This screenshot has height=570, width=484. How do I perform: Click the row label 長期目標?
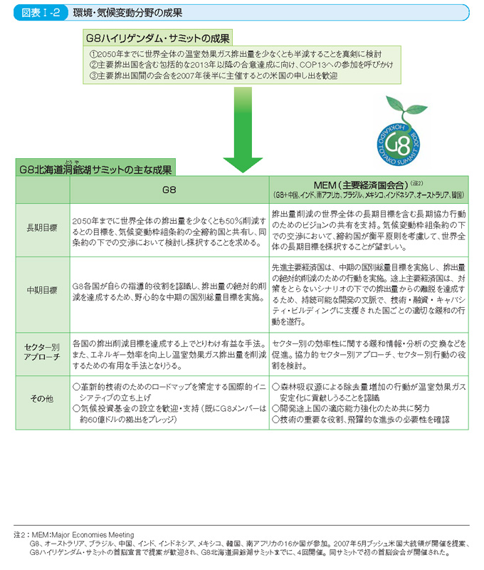coord(43,229)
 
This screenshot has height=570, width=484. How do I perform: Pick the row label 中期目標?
coord(43,291)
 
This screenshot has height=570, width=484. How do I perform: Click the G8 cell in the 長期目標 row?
coord(169,229)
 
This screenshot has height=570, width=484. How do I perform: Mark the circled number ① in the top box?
coord(93,54)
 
